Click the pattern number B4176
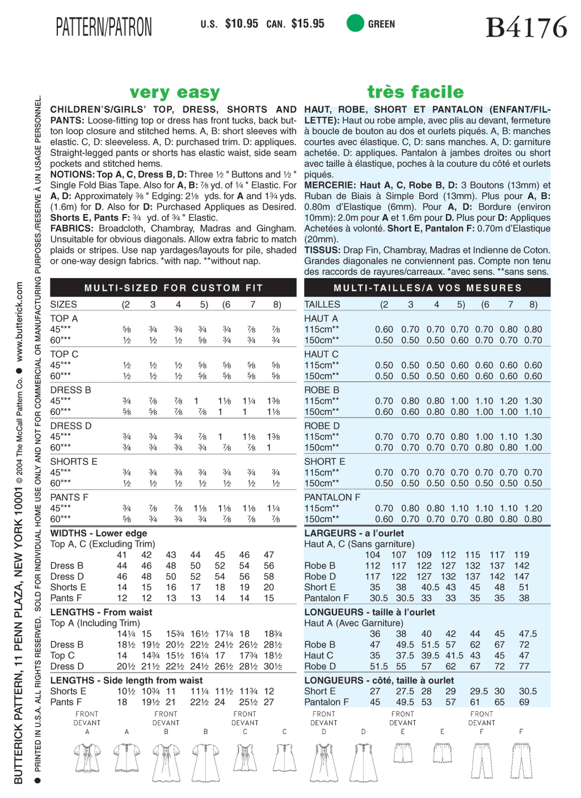tap(526, 27)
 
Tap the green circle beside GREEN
tap(355, 23)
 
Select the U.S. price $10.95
tap(241, 24)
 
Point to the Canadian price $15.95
tap(308, 24)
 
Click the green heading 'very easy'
tap(174, 92)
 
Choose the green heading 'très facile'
tap(415, 92)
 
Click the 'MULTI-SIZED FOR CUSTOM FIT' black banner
tap(173, 288)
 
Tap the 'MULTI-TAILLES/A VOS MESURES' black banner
tap(427, 288)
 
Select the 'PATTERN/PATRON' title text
tap(104, 27)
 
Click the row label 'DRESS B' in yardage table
tap(71, 390)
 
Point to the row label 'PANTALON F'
tap(332, 497)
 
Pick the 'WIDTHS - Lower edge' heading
tap(99, 533)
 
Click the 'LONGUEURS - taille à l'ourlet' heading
tap(369, 612)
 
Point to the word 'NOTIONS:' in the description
tap(72, 174)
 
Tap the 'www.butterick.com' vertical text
tap(19, 322)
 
